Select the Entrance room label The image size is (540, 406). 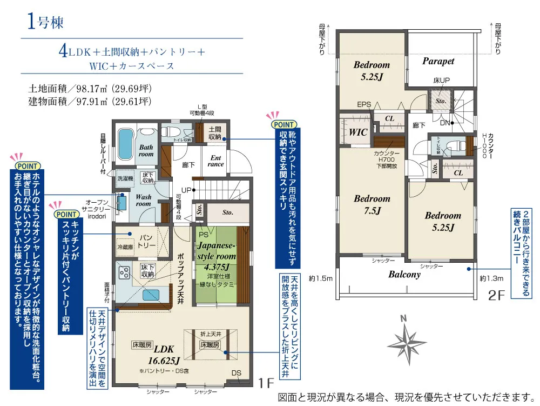click(x=215, y=161)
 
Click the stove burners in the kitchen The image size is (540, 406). click(x=123, y=271)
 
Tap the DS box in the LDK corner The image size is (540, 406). click(x=237, y=374)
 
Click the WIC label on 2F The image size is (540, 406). click(x=358, y=131)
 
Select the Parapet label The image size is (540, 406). click(x=438, y=61)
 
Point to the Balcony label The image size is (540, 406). click(x=404, y=274)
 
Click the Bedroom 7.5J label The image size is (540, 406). click(x=372, y=205)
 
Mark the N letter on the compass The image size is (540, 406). click(x=403, y=318)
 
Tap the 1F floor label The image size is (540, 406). click(x=266, y=384)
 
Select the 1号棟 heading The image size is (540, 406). click(x=45, y=23)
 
